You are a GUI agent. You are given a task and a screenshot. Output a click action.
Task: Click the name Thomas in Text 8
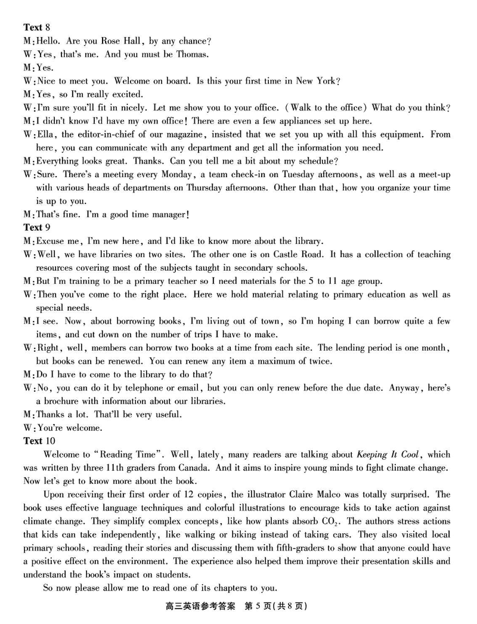click(191, 54)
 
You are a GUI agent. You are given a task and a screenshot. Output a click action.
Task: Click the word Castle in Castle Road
click(281, 254)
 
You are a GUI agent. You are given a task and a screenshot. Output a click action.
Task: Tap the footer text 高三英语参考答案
click(193, 607)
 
